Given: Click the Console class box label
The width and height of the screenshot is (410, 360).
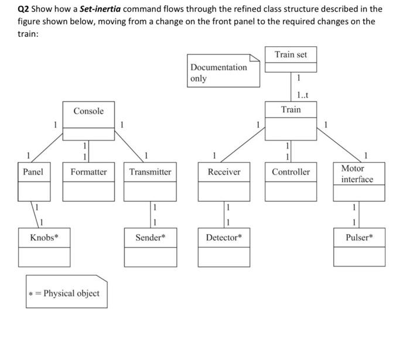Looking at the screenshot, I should (88, 111).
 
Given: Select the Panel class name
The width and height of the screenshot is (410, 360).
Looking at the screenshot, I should (33, 172).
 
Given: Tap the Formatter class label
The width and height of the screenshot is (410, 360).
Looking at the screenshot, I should (88, 172).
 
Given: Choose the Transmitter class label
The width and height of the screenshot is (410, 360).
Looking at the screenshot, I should (151, 172).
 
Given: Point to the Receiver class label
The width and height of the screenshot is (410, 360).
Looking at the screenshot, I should (224, 172).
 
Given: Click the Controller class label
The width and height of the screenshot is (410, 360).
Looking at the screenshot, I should (291, 172).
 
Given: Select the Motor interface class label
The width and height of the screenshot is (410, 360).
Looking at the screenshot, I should (357, 174).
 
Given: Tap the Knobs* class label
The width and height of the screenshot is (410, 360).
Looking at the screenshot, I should (44, 237).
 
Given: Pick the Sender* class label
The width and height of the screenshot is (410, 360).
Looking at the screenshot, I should (151, 237).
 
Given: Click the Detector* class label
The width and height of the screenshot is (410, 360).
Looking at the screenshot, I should (224, 237).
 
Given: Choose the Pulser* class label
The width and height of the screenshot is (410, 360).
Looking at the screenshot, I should (359, 237).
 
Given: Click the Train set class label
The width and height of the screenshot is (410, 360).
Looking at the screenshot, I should (291, 54).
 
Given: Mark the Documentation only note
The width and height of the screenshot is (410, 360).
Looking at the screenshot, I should (219, 73).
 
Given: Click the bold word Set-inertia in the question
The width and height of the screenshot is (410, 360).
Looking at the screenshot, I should (100, 9).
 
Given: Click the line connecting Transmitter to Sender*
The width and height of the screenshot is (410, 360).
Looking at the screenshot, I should (150, 214).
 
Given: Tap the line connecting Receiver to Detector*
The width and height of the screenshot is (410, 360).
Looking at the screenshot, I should (223, 214).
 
